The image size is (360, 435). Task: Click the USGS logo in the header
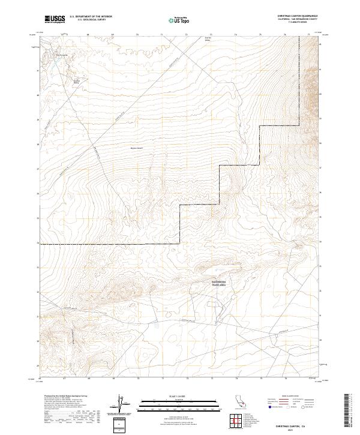click(x=55, y=19)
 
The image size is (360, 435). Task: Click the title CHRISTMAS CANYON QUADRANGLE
click(x=298, y=16)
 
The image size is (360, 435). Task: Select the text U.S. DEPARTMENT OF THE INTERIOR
click(x=91, y=17)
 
